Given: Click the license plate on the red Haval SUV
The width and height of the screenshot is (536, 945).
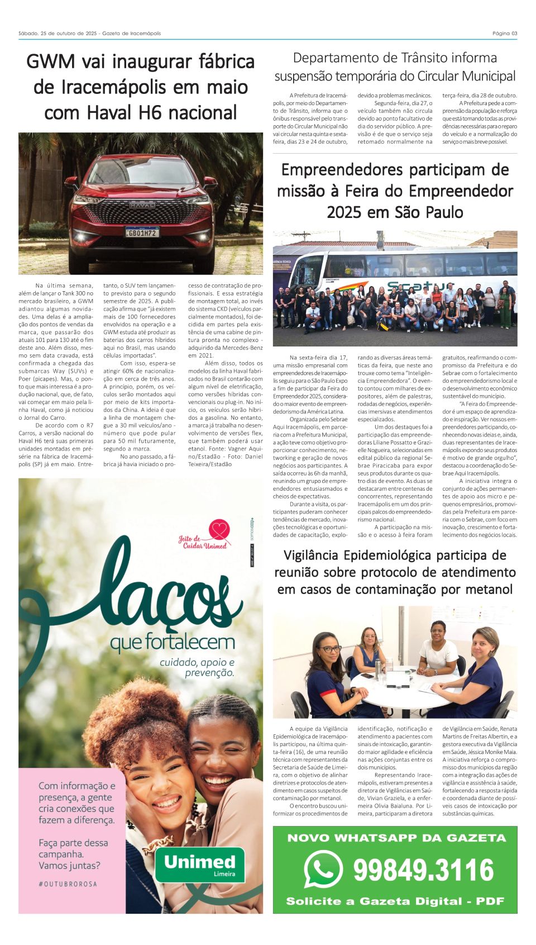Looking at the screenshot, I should tap(142, 232).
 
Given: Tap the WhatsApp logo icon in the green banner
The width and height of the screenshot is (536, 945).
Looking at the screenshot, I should tap(323, 869).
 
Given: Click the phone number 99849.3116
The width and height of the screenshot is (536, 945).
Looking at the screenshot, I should tap(423, 870).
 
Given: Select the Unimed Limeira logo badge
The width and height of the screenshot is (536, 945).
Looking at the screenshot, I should tap(200, 865).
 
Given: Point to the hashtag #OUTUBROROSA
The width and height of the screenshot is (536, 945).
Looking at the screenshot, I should tap(68, 884).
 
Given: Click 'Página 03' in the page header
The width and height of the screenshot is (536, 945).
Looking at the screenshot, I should tap(505, 34).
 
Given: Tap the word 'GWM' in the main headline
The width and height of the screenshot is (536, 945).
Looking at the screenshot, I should tap(52, 61).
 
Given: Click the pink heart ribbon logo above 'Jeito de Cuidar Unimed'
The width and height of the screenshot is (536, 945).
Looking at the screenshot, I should tap(219, 529).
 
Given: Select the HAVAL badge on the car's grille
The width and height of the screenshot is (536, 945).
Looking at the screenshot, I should tap(142, 205).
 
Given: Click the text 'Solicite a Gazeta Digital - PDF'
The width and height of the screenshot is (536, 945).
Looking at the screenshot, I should tap(395, 901).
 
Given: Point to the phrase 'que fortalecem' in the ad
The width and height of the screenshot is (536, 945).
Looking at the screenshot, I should tap(172, 642).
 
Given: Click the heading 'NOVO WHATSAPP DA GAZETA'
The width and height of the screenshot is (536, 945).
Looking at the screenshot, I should tap(396, 838).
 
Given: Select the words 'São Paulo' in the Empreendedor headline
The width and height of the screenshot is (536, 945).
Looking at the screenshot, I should tap(430, 212).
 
